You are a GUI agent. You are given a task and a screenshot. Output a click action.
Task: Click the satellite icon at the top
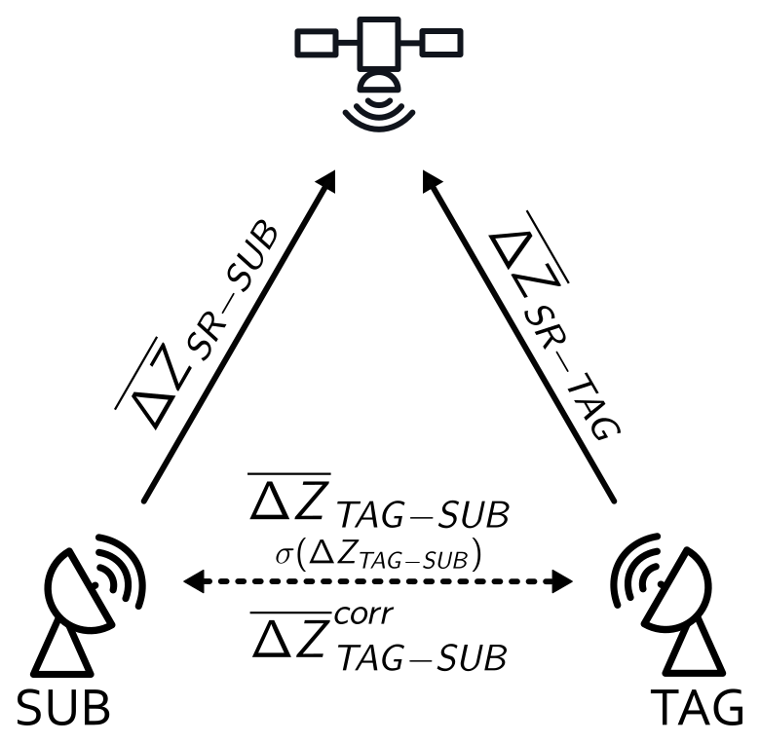[x=378, y=68]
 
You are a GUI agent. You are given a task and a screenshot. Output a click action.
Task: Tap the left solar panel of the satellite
[x=317, y=43]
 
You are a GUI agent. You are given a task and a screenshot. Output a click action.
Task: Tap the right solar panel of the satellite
[x=440, y=43]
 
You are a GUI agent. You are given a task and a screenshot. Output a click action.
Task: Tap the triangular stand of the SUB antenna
[x=62, y=650]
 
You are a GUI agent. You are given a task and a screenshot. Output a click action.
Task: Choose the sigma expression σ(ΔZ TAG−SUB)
[x=378, y=556]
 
